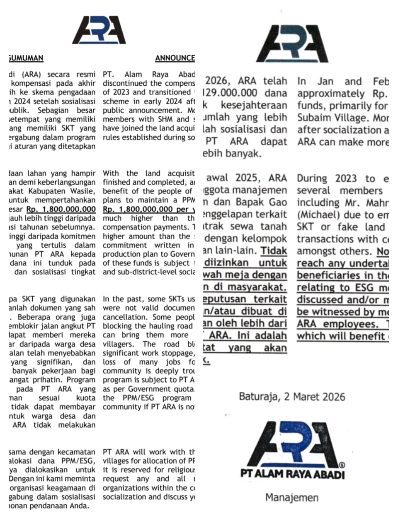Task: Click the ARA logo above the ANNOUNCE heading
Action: point(99,31)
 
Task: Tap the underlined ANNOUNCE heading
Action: point(175,58)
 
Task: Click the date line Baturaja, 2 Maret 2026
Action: point(292,397)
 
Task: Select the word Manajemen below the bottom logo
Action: point(292,497)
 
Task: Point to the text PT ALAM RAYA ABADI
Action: point(292,474)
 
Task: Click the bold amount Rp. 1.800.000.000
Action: point(61,210)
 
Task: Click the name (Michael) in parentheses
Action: point(313,215)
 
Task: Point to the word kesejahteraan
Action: point(254,106)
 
